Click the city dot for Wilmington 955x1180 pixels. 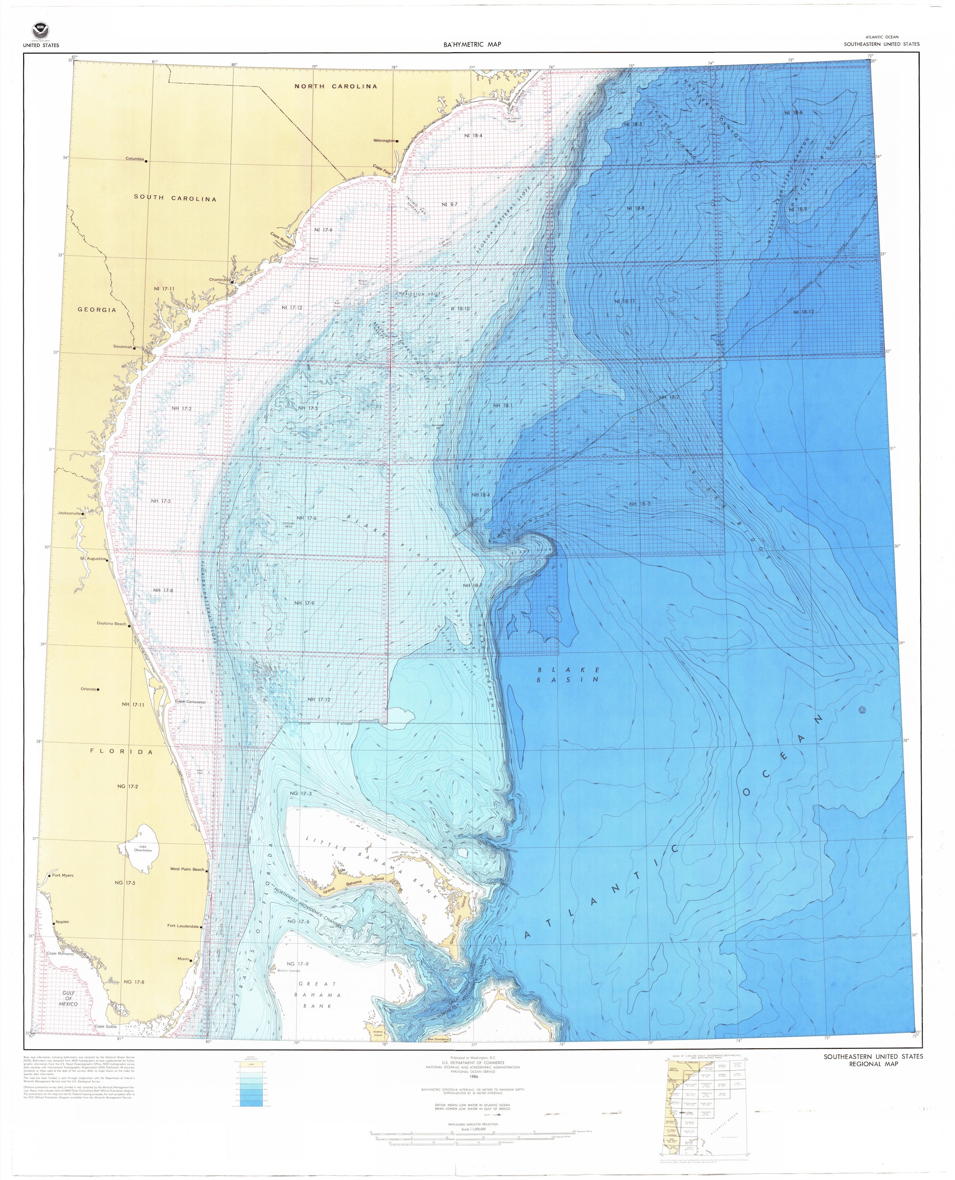click(x=397, y=141)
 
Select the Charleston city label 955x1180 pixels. click(x=219, y=280)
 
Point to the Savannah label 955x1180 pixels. click(x=124, y=346)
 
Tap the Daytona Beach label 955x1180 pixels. click(x=112, y=624)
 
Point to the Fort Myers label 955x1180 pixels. click(x=63, y=875)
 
